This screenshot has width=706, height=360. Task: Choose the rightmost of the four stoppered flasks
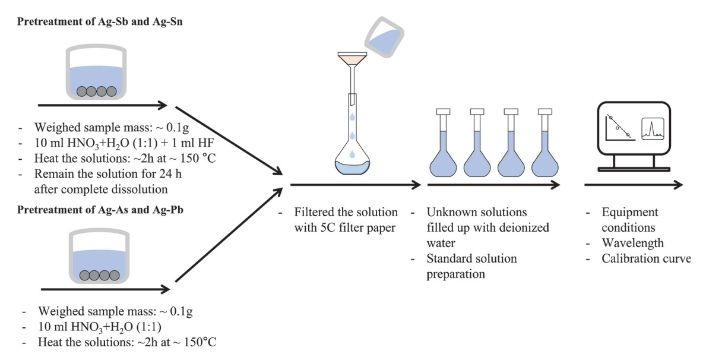tap(545, 149)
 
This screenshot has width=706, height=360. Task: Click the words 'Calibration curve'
tap(645, 258)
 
